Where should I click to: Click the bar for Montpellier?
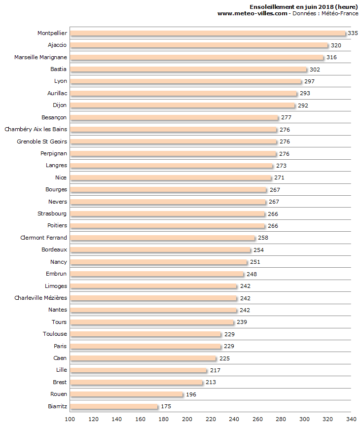pos(208,33)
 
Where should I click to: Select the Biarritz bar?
pos(114,407)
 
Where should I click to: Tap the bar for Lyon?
pos(185,81)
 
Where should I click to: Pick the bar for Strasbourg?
pos(168,214)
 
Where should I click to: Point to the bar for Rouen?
pos(126,394)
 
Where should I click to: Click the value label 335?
pos(353,33)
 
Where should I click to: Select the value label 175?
pos(166,407)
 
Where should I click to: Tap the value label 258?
pos(263,238)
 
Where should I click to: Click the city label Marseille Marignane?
pos(40,57)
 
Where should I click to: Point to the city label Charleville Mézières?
pos(40,298)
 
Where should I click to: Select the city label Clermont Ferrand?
pos(43,238)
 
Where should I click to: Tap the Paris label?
pos(60,346)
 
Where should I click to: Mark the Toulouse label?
pos(55,334)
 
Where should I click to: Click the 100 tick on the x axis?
pos(70,419)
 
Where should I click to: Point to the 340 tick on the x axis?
pos(351,419)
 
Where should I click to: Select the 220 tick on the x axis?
pos(211,419)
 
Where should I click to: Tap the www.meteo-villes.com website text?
pos(252,13)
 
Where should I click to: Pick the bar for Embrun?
pos(157,274)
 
